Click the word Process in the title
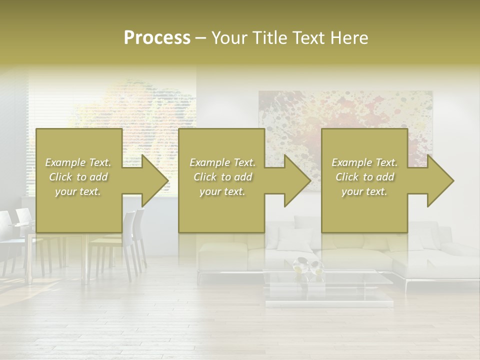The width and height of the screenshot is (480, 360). tap(157, 38)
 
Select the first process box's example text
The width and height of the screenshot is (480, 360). tap(78, 177)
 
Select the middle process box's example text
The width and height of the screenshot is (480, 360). tap(222, 177)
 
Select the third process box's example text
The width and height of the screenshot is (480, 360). tap(364, 177)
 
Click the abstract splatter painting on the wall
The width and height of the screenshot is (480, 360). tap(345, 115)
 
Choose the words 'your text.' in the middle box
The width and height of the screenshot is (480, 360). tap(222, 191)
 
